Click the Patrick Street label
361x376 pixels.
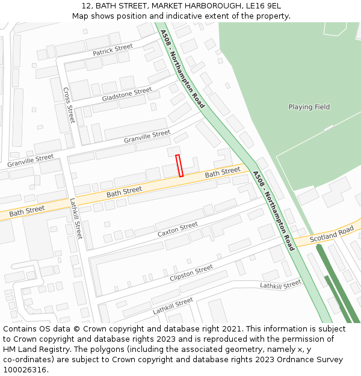(113, 50)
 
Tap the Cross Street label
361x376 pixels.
(69, 105)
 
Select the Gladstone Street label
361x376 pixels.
(127, 94)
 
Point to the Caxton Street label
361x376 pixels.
(177, 229)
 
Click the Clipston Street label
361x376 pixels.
(191, 273)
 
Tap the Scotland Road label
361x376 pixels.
(332, 235)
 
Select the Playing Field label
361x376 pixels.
(309, 107)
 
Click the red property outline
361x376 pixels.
(179, 165)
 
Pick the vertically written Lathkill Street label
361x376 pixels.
(75, 218)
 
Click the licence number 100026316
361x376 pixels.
(25, 370)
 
